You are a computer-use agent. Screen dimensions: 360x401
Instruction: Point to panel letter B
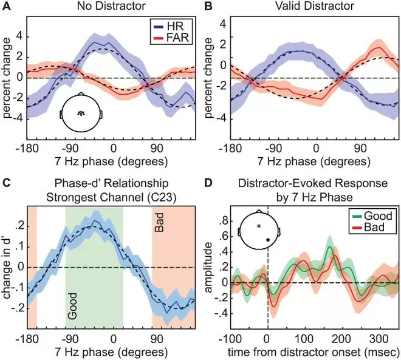coord(208,7)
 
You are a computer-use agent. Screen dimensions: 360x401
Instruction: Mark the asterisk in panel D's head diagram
coord(259,226)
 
